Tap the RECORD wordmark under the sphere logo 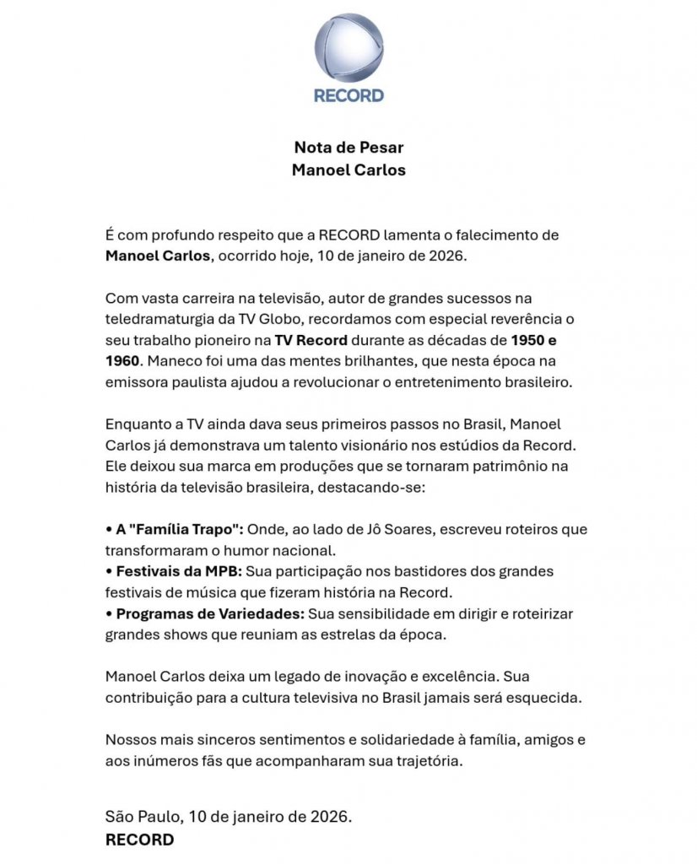coord(348,95)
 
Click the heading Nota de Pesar coord(348,148)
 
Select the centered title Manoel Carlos coord(348,170)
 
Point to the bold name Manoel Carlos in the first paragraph coord(157,256)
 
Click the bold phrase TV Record coord(308,341)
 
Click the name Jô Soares coord(409,529)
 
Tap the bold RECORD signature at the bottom coord(139,840)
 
